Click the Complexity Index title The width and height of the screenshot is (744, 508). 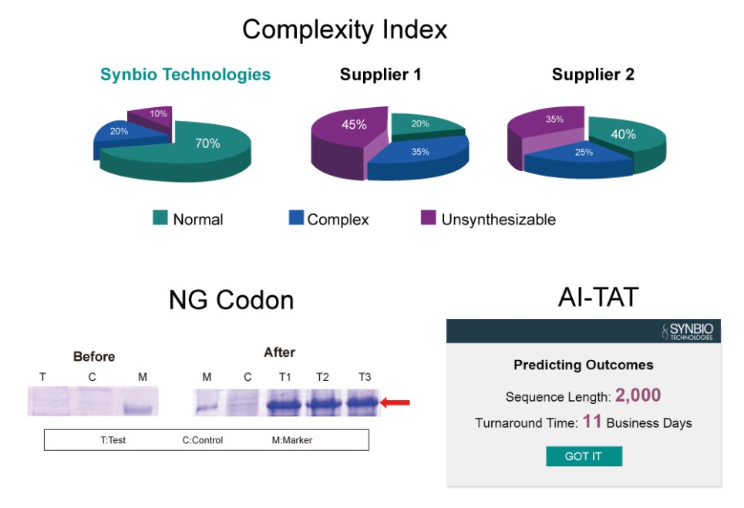(345, 30)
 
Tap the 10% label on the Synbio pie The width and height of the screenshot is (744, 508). (157, 114)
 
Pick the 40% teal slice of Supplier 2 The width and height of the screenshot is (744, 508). (624, 135)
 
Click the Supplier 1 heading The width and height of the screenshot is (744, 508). (380, 75)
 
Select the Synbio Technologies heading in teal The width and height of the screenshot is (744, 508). (185, 75)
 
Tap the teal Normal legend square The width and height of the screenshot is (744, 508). (160, 218)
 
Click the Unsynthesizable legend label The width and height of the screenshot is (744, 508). (498, 220)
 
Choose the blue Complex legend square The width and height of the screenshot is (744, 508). (296, 218)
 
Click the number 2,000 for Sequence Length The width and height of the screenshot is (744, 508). (638, 396)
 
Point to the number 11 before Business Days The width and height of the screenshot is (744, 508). (591, 422)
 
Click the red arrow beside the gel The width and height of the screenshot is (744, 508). (397, 402)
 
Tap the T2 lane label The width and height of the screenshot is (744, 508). (322, 377)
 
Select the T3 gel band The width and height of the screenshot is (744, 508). (363, 402)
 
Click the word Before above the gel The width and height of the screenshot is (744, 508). (94, 356)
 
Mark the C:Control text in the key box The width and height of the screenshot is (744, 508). (202, 440)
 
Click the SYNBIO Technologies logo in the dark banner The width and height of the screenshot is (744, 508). (688, 331)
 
